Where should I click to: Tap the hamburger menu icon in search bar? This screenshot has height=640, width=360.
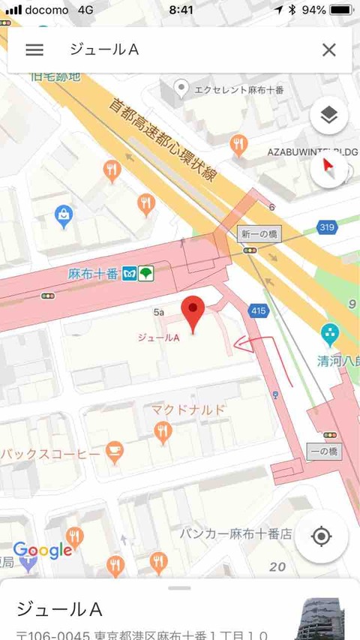(34, 50)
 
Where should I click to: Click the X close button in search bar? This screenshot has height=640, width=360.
(328, 50)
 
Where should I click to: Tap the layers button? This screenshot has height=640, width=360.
(328, 115)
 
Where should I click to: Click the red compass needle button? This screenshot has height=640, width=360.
(328, 166)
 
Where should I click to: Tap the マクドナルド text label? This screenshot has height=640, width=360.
(187, 410)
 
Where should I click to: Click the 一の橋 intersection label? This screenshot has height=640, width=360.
(323, 452)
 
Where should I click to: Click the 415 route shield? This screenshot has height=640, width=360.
(259, 309)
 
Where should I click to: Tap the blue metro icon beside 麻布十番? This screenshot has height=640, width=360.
(129, 274)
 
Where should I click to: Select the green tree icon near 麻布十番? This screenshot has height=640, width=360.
(145, 274)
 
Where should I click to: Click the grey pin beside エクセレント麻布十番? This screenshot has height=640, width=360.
(181, 90)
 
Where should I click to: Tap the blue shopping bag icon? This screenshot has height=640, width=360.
(64, 217)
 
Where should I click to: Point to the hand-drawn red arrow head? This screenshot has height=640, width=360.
(237, 345)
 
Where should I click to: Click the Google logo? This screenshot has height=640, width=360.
(43, 551)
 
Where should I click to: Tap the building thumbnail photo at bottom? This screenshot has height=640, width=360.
(325, 619)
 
